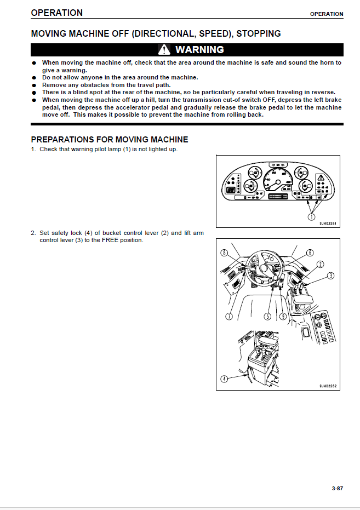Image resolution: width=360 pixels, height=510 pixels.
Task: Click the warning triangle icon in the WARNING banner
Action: point(164,50)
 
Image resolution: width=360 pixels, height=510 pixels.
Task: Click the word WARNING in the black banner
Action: point(199,50)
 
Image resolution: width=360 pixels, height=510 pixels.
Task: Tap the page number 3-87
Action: point(338,488)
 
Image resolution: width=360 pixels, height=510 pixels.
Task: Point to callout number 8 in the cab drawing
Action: point(224,253)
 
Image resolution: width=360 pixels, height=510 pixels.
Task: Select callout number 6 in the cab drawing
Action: point(310,253)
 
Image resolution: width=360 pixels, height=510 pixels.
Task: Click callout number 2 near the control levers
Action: point(320,264)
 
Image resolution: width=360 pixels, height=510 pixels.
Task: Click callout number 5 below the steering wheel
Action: point(267,316)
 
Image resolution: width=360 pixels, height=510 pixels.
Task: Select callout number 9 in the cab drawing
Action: point(283,316)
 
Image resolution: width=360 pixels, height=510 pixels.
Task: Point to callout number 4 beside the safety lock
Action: point(224,379)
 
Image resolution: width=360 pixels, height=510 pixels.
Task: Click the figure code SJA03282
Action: point(329,386)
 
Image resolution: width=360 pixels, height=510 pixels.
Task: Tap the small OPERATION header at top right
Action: point(327,14)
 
